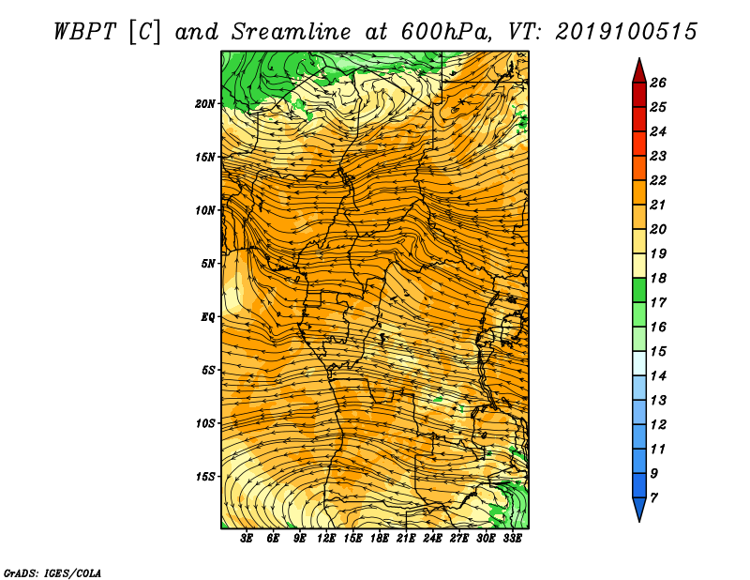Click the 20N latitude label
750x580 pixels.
[204, 104]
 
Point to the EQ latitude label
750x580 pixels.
[207, 317]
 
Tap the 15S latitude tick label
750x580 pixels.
[204, 477]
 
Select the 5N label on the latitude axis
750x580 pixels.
[207, 264]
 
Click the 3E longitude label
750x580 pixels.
[247, 538]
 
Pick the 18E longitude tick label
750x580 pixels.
[380, 538]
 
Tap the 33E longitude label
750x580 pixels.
[512, 538]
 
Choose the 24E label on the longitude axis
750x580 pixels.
[432, 538]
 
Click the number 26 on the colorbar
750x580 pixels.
[658, 83]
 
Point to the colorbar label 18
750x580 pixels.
[658, 278]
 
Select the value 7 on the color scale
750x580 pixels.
[653, 498]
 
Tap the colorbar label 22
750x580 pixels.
[658, 180]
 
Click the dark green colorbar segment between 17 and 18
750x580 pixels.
[639, 290]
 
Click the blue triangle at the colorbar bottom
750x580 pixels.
[639, 507]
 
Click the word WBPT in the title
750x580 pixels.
[84, 32]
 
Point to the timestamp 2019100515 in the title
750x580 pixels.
[626, 32]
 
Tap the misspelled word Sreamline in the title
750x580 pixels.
[292, 32]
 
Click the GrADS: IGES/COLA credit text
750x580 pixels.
[52, 572]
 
